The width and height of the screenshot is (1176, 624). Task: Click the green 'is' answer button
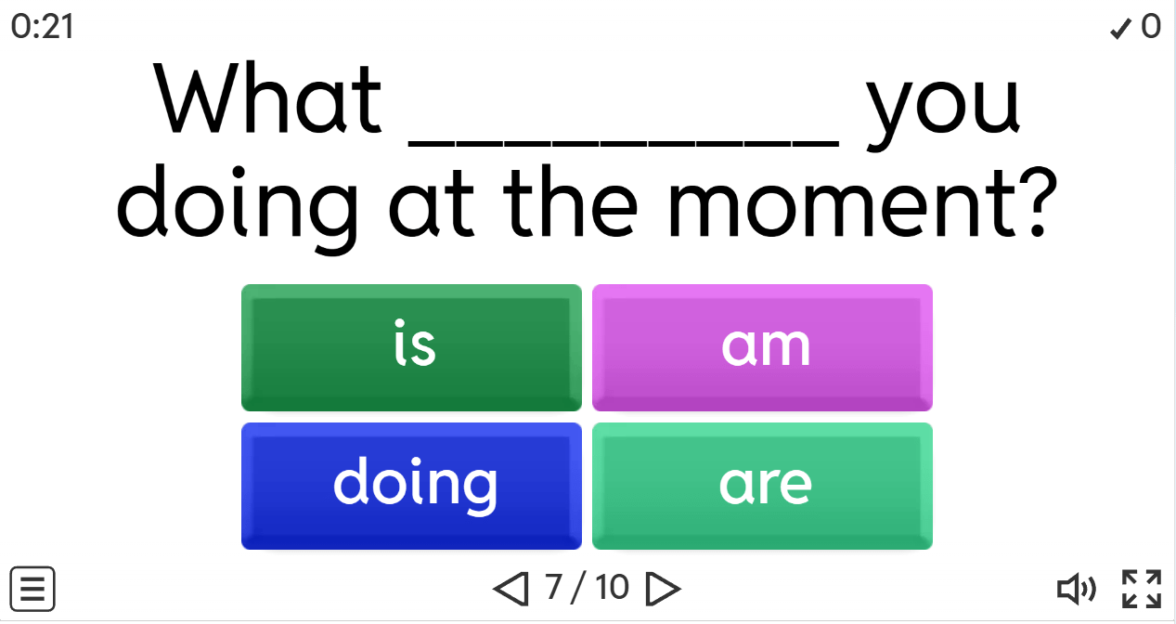tap(411, 347)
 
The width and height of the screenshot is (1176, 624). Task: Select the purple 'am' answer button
tap(762, 347)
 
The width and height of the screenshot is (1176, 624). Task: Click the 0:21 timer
tap(43, 27)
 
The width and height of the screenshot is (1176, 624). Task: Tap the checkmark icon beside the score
tap(1120, 29)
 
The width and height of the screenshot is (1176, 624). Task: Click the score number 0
tap(1151, 27)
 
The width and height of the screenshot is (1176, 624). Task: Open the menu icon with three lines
tap(32, 589)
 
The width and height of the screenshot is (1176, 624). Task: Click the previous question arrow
tap(510, 588)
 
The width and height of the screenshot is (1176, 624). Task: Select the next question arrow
tap(663, 588)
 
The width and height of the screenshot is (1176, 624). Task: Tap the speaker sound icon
tap(1076, 588)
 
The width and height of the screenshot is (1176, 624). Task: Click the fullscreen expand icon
tap(1141, 589)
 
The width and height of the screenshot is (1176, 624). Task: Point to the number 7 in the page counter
tap(553, 587)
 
